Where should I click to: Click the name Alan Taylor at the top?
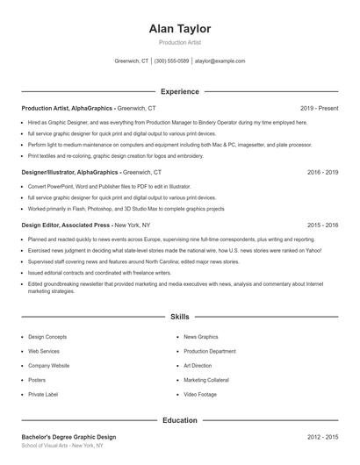tap(180, 29)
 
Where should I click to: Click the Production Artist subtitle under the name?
tap(180, 42)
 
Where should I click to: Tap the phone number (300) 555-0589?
tap(171, 61)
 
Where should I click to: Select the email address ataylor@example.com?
tap(220, 61)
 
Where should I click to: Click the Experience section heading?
tap(180, 91)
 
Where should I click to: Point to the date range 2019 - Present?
tap(319, 108)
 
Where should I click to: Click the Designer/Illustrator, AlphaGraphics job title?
tap(70, 173)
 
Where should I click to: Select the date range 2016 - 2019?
tap(322, 173)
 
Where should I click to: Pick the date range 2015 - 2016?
tap(322, 225)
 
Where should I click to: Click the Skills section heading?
tap(180, 316)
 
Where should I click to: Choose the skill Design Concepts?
tap(47, 337)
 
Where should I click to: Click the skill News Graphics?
tap(201, 337)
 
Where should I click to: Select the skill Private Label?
tap(44, 395)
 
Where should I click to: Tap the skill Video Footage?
tap(201, 395)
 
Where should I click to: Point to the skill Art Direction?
tap(198, 366)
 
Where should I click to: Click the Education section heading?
tap(180, 420)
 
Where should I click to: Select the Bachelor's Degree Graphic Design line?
tap(68, 437)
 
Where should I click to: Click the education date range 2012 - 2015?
tap(322, 437)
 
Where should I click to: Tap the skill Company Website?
tap(48, 366)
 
